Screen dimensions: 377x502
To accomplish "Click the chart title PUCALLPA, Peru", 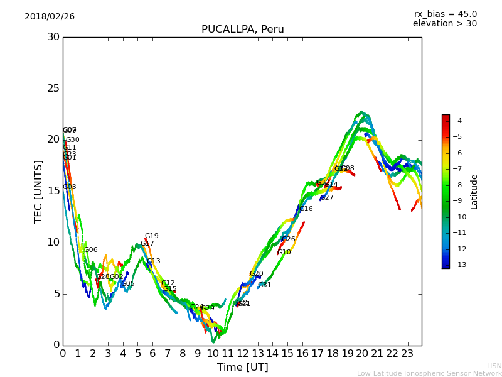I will [x=242, y=30].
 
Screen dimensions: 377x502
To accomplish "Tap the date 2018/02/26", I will [x=50, y=17].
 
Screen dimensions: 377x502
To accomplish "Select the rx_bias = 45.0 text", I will [x=445, y=14].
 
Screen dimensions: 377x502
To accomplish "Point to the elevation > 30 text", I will [x=444, y=24].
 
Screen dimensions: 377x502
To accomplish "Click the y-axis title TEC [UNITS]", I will [x=39, y=191].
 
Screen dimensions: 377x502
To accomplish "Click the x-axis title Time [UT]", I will [x=242, y=368].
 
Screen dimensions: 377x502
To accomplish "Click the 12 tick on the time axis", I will [x=242, y=354].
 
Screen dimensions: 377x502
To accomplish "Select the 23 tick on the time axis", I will [x=407, y=354].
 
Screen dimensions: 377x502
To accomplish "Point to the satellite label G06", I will [x=91, y=250].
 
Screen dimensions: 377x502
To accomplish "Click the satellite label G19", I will [x=152, y=236].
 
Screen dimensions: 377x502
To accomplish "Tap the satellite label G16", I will [x=306, y=209].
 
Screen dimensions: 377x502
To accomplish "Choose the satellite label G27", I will [x=327, y=198].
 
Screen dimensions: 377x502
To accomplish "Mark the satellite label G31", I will [x=265, y=285].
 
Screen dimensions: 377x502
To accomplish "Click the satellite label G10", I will [x=284, y=253].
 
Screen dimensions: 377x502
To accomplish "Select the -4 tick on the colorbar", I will [x=457, y=121].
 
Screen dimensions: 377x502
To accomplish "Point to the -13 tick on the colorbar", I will [x=457, y=265].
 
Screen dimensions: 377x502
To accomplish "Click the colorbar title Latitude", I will [x=474, y=191].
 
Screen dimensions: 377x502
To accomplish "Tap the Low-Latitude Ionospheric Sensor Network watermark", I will [x=429, y=374].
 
